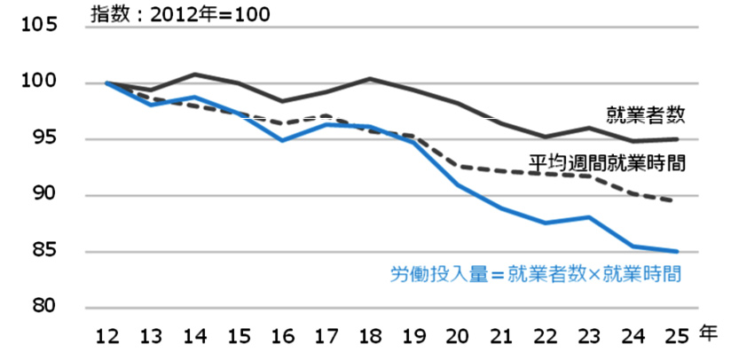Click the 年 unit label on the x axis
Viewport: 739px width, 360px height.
707,333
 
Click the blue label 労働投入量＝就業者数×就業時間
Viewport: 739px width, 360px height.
535,274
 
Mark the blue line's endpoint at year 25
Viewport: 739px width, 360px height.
677,251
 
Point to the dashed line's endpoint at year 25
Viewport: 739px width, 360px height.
677,201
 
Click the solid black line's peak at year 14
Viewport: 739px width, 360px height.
195,74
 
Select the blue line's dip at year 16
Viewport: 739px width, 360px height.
282,140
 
